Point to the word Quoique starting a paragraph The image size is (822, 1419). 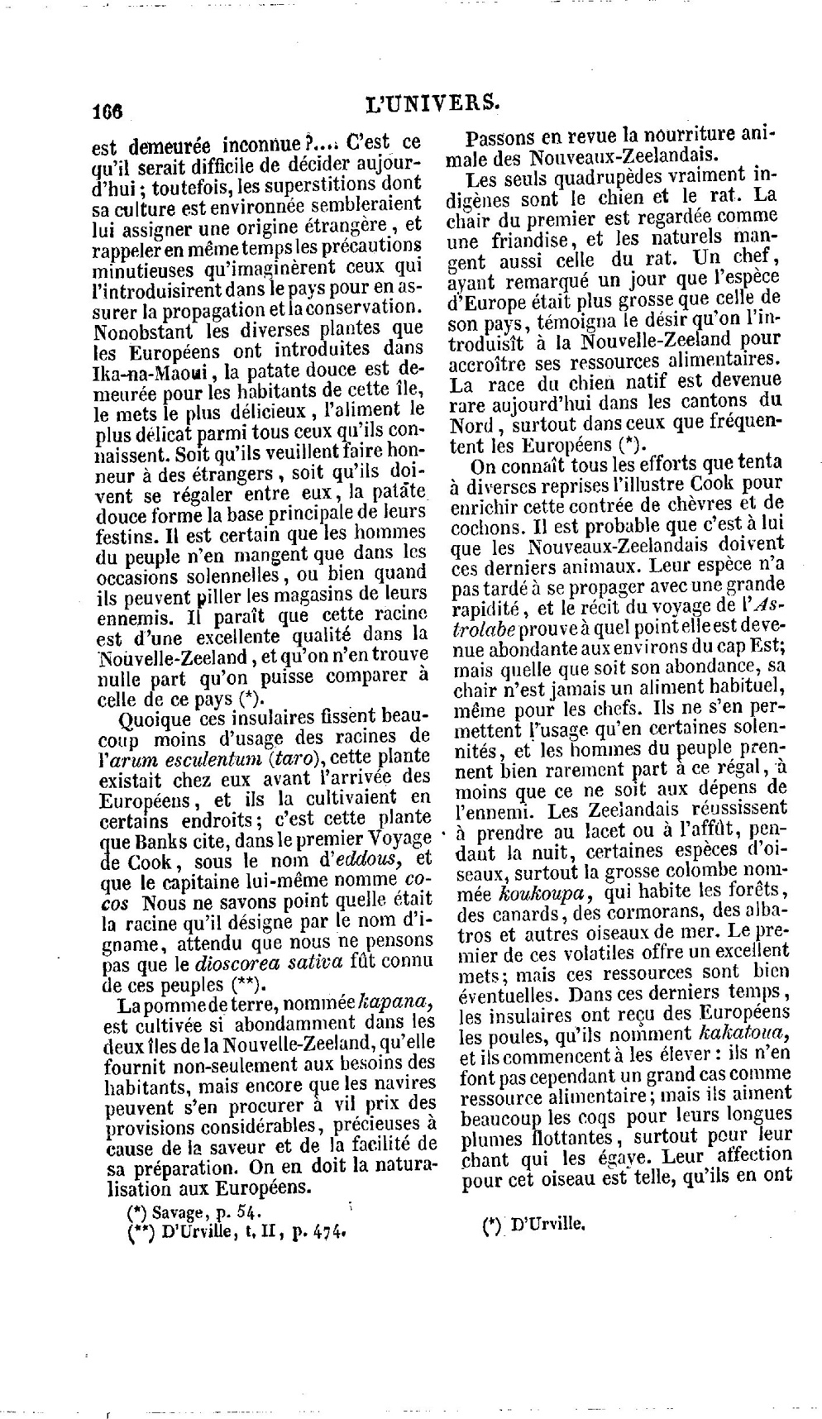click(152, 715)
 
